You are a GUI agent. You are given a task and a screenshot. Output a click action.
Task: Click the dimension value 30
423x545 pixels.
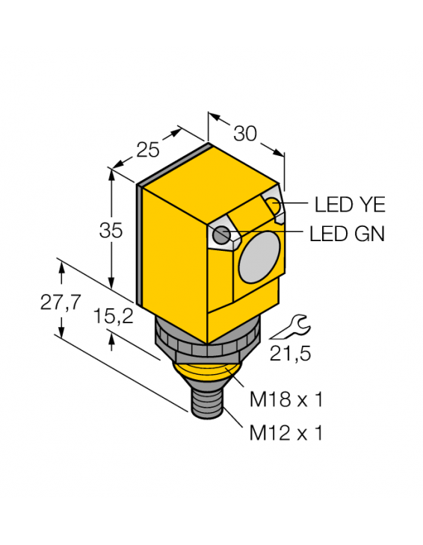[244, 134]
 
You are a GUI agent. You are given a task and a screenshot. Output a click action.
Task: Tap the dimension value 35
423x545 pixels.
[111, 231]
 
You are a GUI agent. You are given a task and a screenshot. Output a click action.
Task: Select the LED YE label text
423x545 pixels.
[350, 203]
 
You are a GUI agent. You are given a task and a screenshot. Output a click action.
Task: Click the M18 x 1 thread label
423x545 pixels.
[285, 400]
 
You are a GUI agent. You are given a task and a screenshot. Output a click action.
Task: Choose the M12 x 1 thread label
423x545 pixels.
[285, 432]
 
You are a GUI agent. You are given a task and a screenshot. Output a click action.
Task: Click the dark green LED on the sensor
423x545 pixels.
[220, 236]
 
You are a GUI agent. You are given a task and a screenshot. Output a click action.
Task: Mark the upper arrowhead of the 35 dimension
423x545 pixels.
[111, 174]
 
